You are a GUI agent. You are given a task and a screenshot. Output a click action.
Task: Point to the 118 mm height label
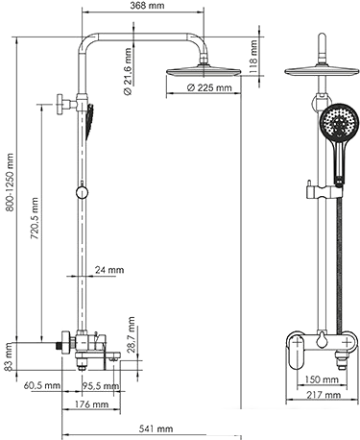pyautogui.click(x=252, y=58)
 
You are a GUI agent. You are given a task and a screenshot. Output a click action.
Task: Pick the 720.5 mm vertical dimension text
pyautogui.click(x=36, y=225)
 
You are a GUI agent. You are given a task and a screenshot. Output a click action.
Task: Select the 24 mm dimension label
pyautogui.click(x=111, y=271)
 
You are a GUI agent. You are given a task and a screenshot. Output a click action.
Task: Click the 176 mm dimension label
pyautogui.click(x=88, y=405)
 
